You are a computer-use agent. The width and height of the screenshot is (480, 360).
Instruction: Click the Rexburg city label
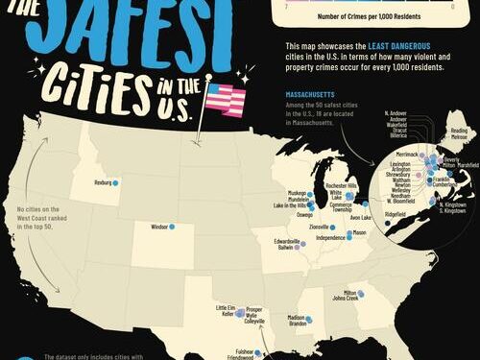coord(99,182)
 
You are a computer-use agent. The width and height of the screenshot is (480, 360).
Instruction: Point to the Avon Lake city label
coord(361,217)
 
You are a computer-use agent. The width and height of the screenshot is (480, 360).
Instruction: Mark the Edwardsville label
coord(288,240)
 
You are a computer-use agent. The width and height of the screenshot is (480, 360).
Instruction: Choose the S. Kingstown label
coord(455,210)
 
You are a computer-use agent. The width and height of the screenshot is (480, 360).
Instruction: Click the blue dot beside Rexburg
coord(115,182)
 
